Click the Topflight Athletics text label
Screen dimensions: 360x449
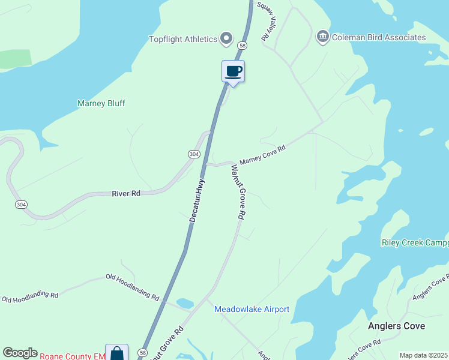coord(183,39)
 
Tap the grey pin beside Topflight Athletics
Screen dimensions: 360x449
coord(226,39)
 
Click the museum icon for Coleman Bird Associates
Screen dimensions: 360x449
coord(323,37)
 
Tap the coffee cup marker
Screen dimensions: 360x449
coord(233,72)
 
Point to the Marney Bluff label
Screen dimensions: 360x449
coord(101,103)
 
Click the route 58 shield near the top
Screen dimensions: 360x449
coord(242,45)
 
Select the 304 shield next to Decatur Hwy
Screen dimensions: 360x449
coord(193,154)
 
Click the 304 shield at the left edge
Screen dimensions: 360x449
coord(21,205)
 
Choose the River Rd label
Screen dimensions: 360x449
coord(126,193)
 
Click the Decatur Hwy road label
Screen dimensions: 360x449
coord(197,200)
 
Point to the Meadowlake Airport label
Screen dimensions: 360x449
coord(252,309)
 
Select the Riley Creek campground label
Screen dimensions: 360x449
coord(415,242)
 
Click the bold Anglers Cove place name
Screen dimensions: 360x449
coord(396,326)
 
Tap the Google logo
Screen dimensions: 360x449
coord(20,353)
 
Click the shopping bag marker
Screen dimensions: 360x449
coord(116,353)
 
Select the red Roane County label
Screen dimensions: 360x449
coord(73,356)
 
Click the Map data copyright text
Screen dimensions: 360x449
coord(423,355)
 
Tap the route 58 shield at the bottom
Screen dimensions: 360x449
coord(143,353)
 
